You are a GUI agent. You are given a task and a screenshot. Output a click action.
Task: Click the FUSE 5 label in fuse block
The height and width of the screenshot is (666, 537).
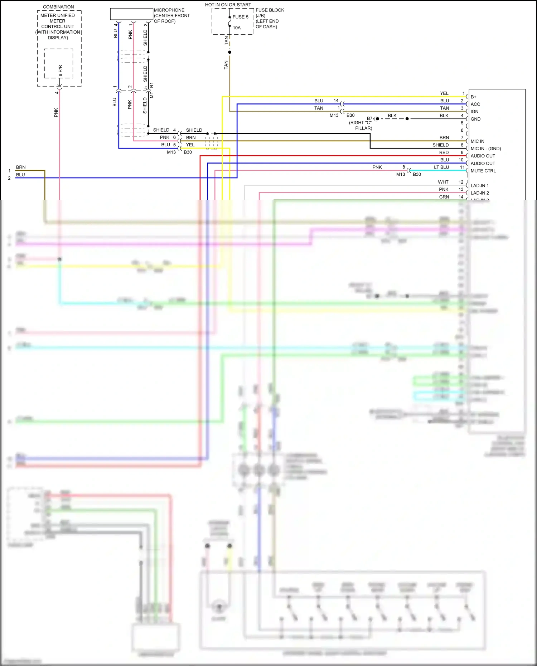coord(240,17)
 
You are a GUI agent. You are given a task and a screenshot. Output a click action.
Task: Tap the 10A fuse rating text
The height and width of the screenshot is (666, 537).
coord(237,28)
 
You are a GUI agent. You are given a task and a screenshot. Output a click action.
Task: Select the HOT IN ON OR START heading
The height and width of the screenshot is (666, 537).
coord(228,5)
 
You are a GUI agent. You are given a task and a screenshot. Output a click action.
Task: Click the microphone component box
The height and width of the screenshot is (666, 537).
coord(131,14)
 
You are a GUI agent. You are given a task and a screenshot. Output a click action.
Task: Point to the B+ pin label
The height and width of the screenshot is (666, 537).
coord(474,97)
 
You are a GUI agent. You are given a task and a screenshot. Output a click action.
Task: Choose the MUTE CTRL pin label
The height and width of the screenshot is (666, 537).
coord(483,171)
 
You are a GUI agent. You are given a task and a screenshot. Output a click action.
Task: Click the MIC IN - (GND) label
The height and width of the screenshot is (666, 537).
coord(485,149)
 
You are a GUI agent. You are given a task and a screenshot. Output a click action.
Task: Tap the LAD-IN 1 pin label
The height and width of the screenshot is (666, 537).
coord(479,186)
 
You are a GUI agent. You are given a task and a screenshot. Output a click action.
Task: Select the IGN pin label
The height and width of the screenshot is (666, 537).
coord(474,112)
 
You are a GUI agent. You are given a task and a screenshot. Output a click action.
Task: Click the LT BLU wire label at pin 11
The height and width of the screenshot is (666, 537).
coord(441,167)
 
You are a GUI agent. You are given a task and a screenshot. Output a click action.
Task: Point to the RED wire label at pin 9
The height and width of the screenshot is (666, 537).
coord(444,152)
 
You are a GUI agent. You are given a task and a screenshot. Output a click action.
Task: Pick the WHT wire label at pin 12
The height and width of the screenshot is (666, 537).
coord(443,182)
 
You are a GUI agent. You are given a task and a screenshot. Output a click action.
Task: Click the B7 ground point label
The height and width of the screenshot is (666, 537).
coord(369,118)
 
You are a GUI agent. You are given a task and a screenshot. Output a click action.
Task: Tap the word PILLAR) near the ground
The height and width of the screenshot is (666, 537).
coord(363,128)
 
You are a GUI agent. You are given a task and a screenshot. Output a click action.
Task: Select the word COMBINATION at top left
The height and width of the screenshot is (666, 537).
coord(58,7)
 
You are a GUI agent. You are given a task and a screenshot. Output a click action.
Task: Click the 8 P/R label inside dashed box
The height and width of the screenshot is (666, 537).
coord(60,71)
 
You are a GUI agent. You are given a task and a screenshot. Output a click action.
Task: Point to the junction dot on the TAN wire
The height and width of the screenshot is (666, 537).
coord(229,52)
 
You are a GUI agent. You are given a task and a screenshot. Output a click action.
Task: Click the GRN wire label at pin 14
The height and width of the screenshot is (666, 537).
coord(444,197)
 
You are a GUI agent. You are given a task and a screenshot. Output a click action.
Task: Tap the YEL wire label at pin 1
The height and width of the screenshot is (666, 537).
coord(444,93)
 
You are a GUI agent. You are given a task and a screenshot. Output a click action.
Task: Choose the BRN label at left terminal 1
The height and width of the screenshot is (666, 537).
coord(21,167)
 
